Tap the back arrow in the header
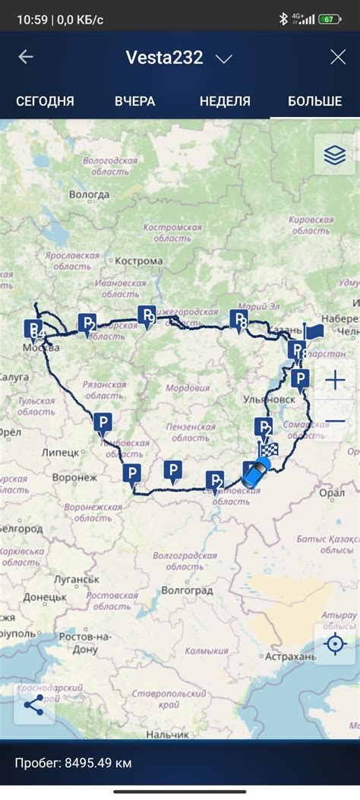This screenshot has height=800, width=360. coord(26,57)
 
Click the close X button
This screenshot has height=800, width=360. coord(337,57)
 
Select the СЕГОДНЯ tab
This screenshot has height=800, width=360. coord(45,101)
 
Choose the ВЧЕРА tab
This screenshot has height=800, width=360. coord(135,101)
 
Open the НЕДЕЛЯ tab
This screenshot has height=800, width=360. coord(225,101)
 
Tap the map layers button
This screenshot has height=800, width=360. coord(334,155)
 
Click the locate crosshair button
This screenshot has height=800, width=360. coord(334,644)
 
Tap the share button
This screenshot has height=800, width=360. coord(33,704)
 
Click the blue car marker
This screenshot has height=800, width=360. coord(256,473)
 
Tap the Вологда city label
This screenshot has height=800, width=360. coord(89,194)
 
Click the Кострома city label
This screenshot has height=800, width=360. coord(139,261)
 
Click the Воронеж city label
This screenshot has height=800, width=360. coord(74,478)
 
